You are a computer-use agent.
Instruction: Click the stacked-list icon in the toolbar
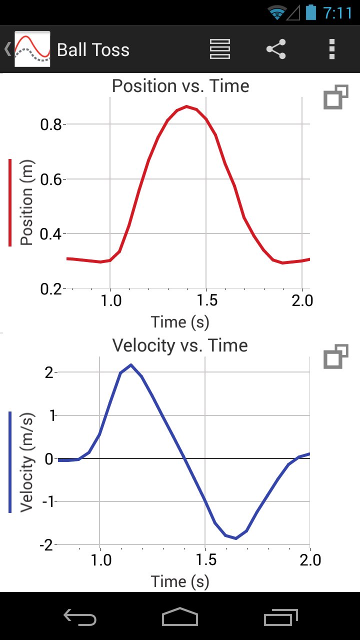point(220,49)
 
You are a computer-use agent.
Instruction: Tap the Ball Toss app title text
point(93,50)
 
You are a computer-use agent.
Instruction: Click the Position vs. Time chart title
point(180,86)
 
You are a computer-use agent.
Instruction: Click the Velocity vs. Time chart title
point(180,345)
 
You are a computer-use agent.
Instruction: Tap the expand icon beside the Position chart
point(335,97)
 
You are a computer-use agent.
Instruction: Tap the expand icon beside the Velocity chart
point(335,357)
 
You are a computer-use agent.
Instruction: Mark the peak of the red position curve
point(186,106)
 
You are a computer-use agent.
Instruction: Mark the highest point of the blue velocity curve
point(130,365)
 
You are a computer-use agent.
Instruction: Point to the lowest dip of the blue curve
point(235,538)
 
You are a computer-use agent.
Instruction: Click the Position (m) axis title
point(26,203)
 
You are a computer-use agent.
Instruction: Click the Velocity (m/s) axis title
point(26,462)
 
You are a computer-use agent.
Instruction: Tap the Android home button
point(180,617)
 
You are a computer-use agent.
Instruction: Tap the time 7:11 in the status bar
point(337,12)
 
